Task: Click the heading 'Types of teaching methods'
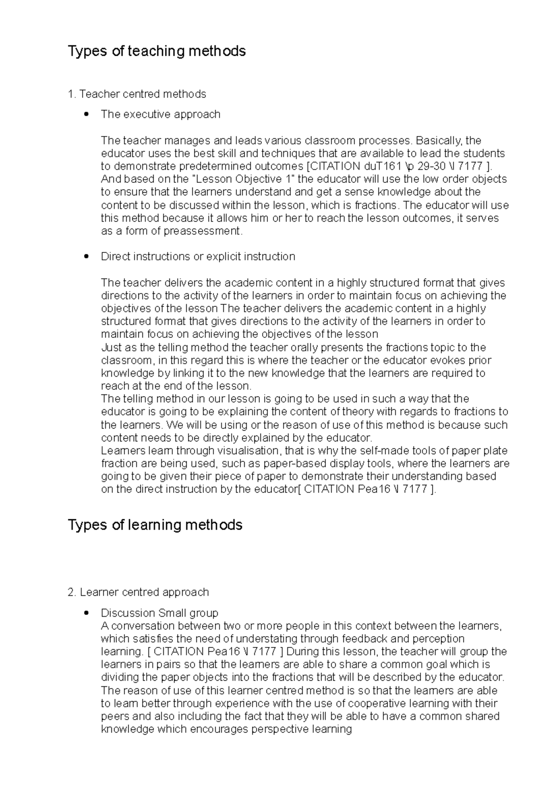[156, 51]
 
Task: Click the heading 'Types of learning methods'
[155, 525]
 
